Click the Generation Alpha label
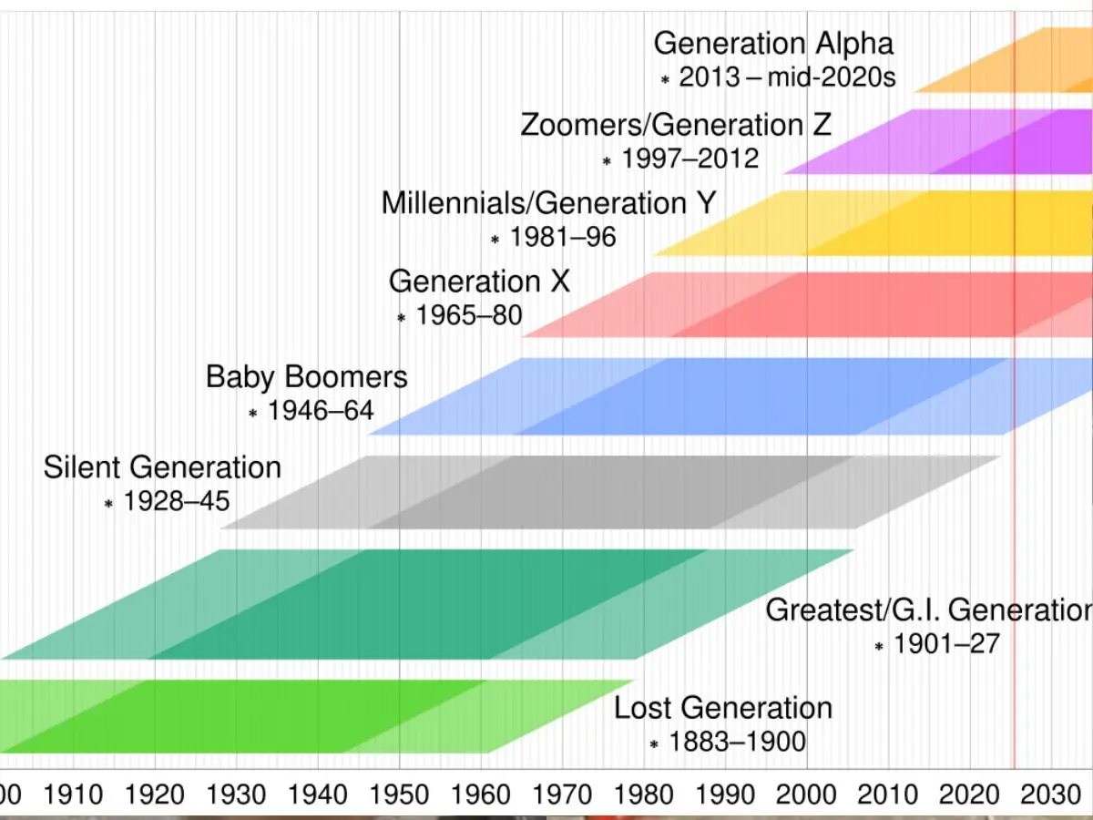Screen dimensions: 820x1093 pos(773,44)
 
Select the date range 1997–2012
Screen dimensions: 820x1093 pos(690,159)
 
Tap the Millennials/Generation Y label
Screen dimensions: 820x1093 pos(548,202)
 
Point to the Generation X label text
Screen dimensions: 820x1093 pos(479,282)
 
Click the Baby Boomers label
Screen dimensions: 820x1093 pos(307,376)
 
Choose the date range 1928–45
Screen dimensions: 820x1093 pos(177,501)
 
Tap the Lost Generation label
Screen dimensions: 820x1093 pos(722,708)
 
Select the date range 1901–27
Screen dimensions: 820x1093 pos(946,644)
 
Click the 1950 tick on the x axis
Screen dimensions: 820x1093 pos(399,794)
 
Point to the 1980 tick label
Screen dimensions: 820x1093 pos(644,794)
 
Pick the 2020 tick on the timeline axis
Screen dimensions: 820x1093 pos(969,794)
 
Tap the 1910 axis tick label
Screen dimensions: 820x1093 pos(73,794)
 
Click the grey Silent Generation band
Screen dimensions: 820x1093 pos(610,492)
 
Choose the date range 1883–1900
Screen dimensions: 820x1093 pos(737,743)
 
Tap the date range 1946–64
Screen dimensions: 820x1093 pos(321,411)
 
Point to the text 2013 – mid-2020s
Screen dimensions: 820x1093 pos(787,77)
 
